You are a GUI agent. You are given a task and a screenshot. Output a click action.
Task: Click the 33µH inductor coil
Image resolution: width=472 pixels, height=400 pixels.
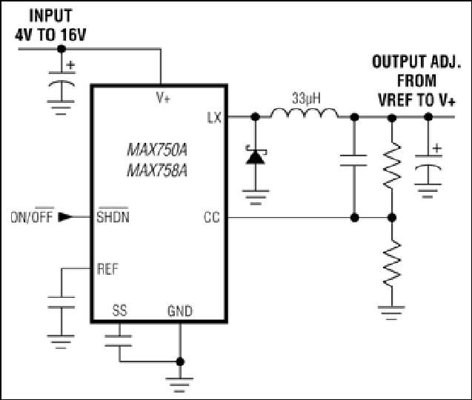(x=304, y=113)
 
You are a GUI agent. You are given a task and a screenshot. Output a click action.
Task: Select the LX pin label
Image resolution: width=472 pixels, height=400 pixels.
(x=214, y=118)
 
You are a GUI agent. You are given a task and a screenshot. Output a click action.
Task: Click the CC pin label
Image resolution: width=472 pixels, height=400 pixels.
(x=212, y=217)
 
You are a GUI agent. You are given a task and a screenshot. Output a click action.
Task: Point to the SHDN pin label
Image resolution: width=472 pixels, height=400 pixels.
(x=113, y=216)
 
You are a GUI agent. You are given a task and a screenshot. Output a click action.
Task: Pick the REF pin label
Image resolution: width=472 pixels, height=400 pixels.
(x=107, y=269)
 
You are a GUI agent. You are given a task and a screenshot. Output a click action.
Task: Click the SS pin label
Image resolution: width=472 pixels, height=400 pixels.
(x=119, y=310)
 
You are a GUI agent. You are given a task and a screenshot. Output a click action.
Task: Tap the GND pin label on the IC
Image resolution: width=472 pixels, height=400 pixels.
(x=180, y=311)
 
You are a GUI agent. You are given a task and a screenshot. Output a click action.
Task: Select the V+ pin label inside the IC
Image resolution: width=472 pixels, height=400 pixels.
(x=163, y=98)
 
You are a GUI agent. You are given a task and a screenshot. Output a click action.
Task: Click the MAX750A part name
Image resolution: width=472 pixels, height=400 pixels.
(x=157, y=150)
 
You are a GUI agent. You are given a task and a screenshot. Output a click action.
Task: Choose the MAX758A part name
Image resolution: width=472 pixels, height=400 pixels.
(x=157, y=170)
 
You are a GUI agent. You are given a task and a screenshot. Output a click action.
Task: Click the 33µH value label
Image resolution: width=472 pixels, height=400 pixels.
(x=306, y=99)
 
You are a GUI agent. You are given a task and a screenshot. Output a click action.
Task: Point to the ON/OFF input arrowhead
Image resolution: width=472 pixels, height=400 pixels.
(x=65, y=217)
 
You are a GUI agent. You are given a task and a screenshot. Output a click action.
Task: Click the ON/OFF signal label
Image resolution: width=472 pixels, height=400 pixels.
(x=32, y=216)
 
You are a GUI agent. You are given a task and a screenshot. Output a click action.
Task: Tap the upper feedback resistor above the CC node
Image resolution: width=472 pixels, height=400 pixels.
(x=392, y=166)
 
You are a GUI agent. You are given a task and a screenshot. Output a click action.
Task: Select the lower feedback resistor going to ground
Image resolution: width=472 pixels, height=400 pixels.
(x=392, y=264)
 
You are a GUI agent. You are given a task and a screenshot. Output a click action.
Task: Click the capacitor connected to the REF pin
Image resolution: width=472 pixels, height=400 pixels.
(x=61, y=302)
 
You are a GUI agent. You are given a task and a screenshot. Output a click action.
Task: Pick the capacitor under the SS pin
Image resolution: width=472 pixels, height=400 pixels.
(x=119, y=341)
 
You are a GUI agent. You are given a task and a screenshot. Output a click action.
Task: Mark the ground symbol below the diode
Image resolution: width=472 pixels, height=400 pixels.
(x=256, y=197)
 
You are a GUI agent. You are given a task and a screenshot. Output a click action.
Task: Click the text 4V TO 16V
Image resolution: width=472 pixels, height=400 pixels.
(x=50, y=35)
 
